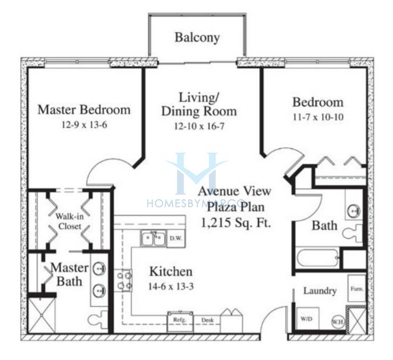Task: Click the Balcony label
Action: point(197,38)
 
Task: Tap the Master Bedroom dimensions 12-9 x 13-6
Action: point(84,124)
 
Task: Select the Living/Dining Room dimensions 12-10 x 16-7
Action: point(199,126)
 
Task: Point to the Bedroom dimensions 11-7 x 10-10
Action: point(318,117)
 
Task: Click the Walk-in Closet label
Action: point(70,221)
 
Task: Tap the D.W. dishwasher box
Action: point(176,238)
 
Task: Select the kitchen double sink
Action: point(153,238)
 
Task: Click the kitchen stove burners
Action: point(123,280)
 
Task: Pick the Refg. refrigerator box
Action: point(180,321)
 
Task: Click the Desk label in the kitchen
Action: point(207,320)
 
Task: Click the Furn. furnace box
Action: point(357,288)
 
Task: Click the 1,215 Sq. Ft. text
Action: point(236,222)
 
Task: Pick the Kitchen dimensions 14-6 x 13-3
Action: point(171,286)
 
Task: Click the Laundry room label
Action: point(320,291)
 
